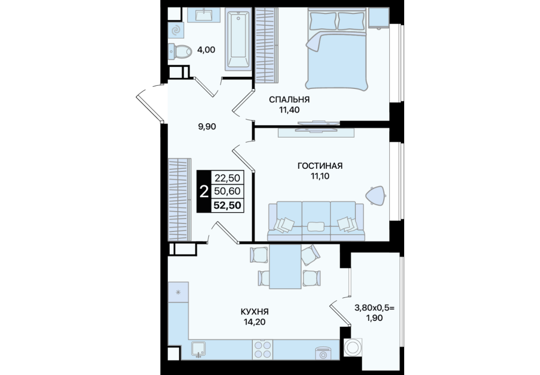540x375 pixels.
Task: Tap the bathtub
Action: (x=238, y=39)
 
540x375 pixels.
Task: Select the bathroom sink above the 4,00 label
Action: (x=204, y=15)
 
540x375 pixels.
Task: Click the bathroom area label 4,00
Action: (x=206, y=50)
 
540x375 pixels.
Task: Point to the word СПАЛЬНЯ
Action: (x=289, y=100)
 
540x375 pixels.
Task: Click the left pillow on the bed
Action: (x=323, y=20)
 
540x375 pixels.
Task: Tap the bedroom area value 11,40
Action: (x=289, y=110)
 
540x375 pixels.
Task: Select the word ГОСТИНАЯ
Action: (x=320, y=166)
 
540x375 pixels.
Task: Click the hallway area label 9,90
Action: (x=207, y=127)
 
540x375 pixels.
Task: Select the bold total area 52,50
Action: (x=227, y=206)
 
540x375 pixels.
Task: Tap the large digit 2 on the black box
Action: (x=204, y=191)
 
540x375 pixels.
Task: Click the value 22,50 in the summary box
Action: (x=227, y=178)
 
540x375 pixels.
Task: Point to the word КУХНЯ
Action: (x=254, y=312)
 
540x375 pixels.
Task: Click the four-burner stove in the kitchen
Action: (x=262, y=349)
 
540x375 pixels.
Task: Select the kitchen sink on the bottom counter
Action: (x=199, y=349)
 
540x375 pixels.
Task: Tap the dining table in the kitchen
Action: (x=286, y=266)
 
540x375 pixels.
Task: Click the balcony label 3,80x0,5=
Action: (x=374, y=308)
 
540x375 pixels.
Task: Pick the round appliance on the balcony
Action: (x=353, y=348)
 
